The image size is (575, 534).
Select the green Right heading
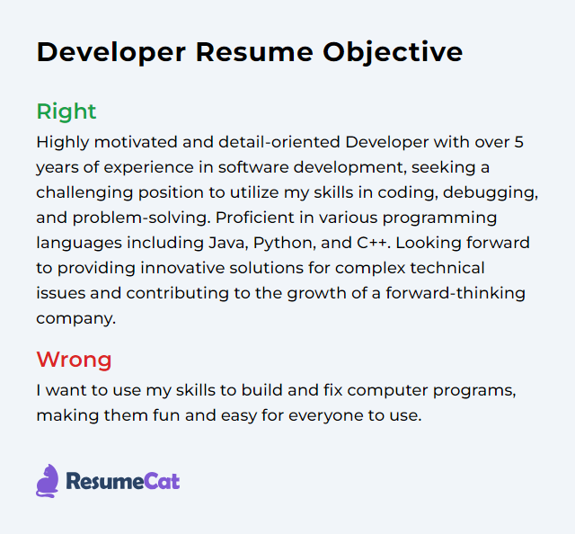(66, 111)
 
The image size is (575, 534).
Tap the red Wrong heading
(74, 360)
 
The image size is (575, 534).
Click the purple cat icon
(47, 481)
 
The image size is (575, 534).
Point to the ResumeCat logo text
(122, 482)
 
